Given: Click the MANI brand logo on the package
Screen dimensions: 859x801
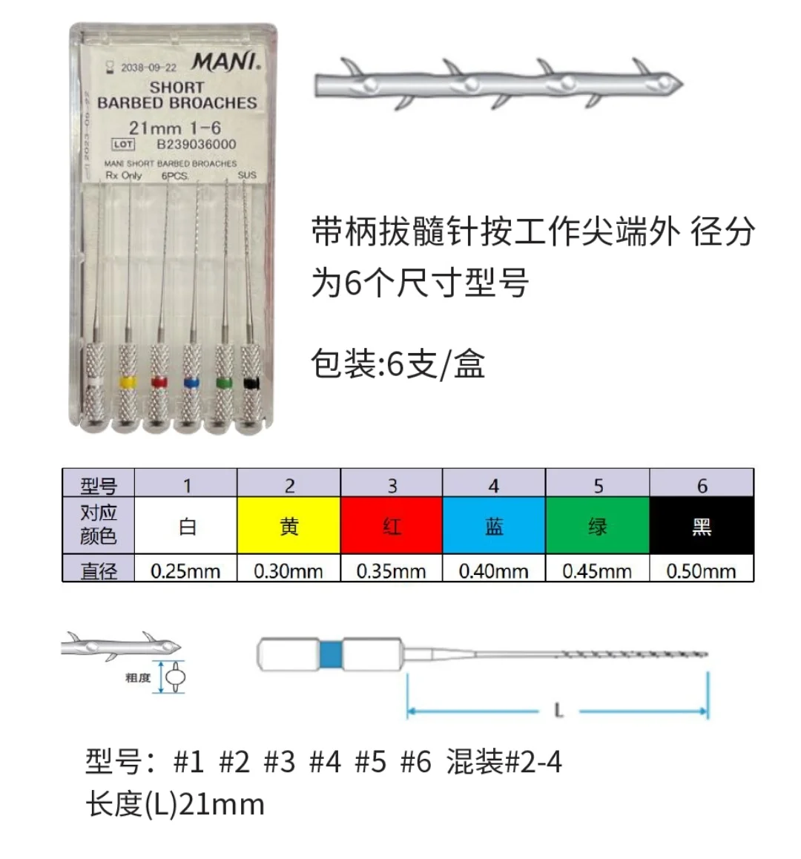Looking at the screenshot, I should click(226, 62).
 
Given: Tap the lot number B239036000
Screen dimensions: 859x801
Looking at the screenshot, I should click(196, 145).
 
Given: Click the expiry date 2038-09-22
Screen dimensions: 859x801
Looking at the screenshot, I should click(148, 68).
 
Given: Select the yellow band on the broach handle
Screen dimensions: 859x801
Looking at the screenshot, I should click(128, 382).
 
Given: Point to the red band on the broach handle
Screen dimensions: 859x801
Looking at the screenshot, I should click(159, 382).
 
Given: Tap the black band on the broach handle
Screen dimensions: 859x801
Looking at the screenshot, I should click(251, 383).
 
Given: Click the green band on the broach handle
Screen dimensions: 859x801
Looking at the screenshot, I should click(223, 383).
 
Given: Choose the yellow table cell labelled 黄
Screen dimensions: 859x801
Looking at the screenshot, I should click(289, 527).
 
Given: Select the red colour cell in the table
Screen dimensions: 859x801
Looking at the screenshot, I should click(392, 527).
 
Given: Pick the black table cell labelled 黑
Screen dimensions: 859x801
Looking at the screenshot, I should click(702, 527).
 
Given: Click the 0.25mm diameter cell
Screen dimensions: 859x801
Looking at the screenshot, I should click(185, 571).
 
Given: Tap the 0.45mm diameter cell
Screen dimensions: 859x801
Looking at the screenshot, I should click(597, 571).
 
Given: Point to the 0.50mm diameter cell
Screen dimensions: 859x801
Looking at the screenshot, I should click(702, 571).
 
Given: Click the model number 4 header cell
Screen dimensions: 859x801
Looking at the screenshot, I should click(494, 486).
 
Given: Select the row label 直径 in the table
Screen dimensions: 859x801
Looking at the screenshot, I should click(99, 571).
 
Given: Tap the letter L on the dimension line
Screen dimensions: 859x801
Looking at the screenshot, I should click(558, 711).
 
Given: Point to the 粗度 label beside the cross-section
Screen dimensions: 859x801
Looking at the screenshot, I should click(138, 677).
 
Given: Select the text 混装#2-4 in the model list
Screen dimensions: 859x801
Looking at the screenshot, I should click(504, 762).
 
